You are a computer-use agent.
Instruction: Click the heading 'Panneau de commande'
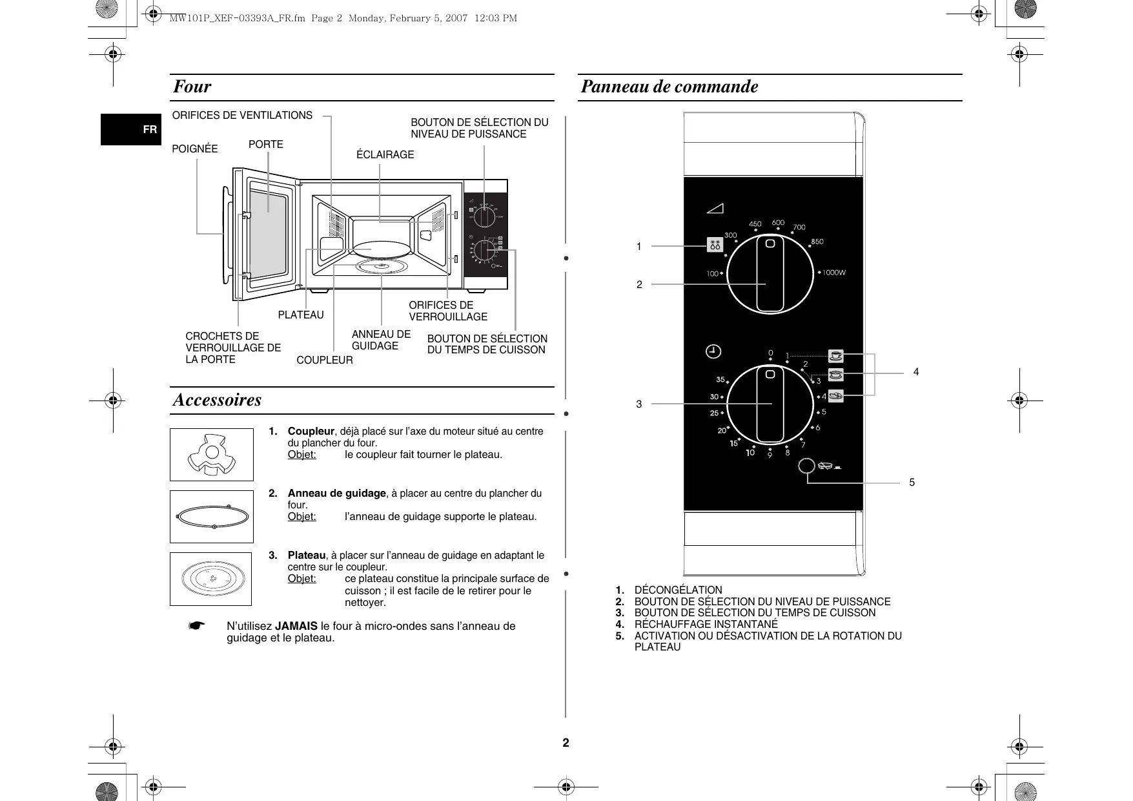point(669,87)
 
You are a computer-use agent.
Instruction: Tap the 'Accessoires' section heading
point(217,400)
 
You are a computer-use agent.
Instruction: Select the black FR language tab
point(131,129)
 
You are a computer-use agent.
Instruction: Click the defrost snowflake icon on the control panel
point(715,245)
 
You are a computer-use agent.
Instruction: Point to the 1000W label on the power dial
point(833,273)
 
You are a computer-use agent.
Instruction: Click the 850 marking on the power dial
point(817,242)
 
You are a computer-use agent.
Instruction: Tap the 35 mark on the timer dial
point(720,380)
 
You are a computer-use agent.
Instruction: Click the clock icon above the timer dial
point(713,351)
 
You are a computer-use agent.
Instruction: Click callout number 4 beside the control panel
point(915,372)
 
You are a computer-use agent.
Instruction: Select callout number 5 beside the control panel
point(912,483)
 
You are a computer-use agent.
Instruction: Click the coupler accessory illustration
point(211,455)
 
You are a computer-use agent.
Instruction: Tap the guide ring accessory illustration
point(212,517)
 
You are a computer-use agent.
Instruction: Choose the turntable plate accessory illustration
point(210,579)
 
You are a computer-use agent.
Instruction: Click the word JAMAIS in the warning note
point(296,626)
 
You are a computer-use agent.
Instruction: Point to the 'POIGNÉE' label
point(195,149)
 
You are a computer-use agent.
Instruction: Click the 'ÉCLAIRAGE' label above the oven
point(385,155)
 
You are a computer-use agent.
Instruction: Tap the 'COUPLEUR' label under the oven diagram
point(325,360)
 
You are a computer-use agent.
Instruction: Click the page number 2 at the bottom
point(566,743)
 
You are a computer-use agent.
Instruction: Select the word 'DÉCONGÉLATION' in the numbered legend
point(679,590)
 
